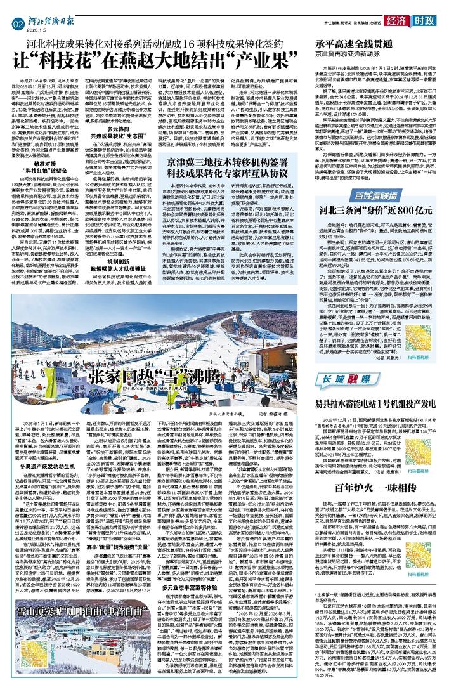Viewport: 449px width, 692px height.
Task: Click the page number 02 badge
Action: click(16, 23)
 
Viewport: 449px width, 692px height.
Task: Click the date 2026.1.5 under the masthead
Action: click(36, 29)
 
